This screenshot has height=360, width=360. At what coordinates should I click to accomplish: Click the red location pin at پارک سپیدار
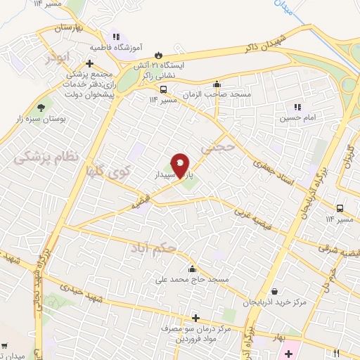(x=180, y=165)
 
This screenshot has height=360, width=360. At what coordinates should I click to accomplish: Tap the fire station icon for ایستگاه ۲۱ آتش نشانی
(x=160, y=53)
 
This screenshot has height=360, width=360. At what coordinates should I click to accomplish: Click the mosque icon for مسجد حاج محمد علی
(x=191, y=269)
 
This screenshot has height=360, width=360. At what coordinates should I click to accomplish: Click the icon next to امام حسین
(x=297, y=107)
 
